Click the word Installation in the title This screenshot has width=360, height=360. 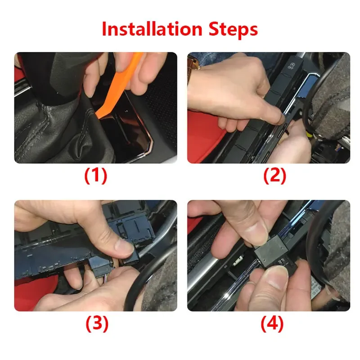point(152,29)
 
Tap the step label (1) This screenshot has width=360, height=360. point(96,175)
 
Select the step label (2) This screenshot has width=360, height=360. point(274,175)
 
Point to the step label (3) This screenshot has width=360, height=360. point(97,324)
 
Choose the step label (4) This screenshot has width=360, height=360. point(272,324)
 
